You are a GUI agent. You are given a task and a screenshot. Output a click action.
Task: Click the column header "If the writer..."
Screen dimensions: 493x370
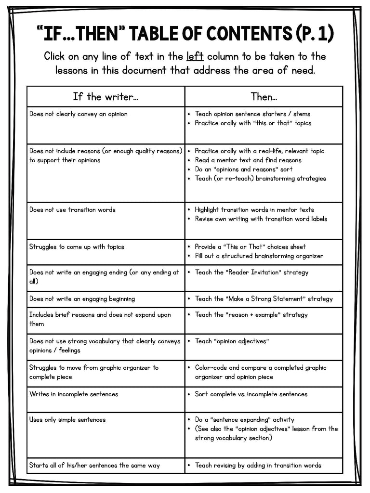106,97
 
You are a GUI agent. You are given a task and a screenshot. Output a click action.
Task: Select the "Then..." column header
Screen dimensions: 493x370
264,97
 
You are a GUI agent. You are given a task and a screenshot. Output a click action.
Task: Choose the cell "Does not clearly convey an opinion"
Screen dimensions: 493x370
78,114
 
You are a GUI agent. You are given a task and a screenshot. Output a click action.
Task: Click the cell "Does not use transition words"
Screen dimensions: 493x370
72,210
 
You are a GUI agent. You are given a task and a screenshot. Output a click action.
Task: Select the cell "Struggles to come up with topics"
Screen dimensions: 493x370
77,247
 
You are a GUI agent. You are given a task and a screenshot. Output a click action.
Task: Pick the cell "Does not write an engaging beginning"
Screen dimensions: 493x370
82,299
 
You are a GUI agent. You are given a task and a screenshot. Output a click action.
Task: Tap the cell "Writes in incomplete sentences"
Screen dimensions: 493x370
73,394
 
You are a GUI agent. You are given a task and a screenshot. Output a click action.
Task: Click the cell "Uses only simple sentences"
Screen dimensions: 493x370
67,420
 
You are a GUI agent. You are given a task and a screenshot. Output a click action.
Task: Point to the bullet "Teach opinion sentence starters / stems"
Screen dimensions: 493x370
252,114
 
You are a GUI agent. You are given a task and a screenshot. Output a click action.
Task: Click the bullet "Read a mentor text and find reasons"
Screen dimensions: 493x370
248,160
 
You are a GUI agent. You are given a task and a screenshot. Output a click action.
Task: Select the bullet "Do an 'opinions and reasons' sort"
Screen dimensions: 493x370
243,169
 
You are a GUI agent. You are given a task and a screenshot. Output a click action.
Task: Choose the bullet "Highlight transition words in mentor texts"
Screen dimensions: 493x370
254,210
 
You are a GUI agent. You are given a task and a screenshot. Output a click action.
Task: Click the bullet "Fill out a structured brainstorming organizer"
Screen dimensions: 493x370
259,256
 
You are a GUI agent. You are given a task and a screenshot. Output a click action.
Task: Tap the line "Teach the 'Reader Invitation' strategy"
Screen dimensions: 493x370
251,272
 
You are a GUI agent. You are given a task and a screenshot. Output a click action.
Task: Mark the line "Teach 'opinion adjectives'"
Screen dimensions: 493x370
232,341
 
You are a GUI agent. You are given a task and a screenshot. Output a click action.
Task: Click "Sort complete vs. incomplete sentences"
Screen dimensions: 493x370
251,394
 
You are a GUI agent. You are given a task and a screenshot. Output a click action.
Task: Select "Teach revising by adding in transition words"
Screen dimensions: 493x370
258,466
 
